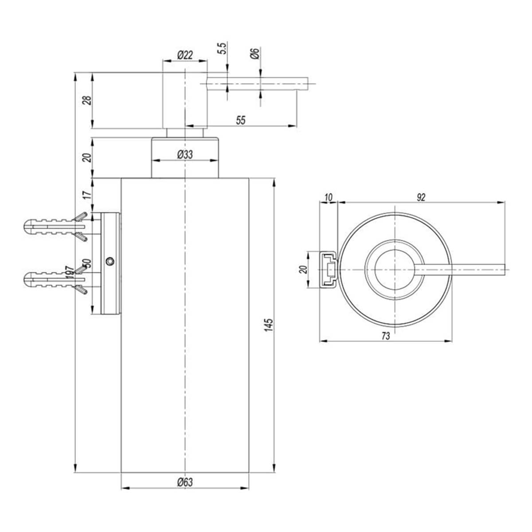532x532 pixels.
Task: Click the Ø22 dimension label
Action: pos(185,55)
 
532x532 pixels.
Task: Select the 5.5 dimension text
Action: pos(223,48)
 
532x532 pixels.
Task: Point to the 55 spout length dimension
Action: pos(241,120)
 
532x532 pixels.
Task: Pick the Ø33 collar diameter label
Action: pos(185,154)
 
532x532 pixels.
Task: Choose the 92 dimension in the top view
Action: pos(421,197)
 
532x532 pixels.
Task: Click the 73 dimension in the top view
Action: pos(385,336)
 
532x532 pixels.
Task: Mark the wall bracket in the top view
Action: pos(329,270)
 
